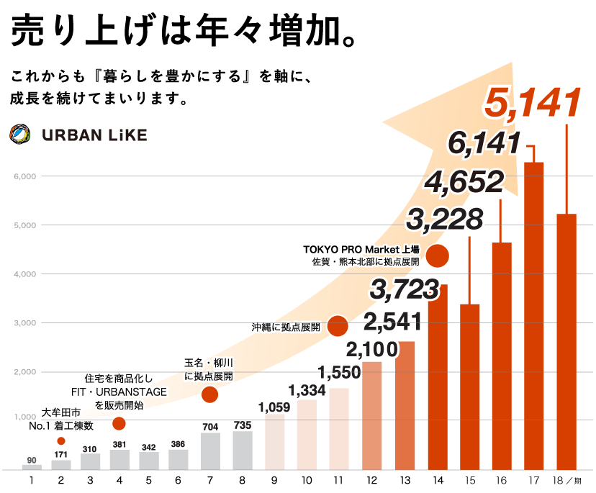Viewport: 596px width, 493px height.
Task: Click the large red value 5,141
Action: [x=532, y=103]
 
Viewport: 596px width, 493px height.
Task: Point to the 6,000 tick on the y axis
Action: [x=24, y=176]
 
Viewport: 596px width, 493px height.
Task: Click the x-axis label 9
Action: [x=274, y=480]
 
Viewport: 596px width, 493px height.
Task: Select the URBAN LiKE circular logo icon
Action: [x=20, y=135]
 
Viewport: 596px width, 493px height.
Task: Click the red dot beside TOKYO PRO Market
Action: [x=438, y=255]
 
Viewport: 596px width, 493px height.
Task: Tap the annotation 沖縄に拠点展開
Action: [x=286, y=327]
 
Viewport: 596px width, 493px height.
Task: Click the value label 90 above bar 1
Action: [x=32, y=460]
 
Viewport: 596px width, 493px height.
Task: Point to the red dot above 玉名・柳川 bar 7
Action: [x=209, y=394]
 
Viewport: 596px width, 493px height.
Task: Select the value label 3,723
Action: [x=404, y=289]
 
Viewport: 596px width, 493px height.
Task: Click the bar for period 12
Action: [x=371, y=415]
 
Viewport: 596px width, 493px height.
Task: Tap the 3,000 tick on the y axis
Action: [x=24, y=323]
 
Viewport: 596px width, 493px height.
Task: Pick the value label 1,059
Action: [x=274, y=407]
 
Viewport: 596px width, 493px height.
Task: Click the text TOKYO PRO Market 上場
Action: [x=361, y=250]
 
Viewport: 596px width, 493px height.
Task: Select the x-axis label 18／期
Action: [x=572, y=480]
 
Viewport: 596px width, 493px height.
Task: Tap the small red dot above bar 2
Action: [x=61, y=440]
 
